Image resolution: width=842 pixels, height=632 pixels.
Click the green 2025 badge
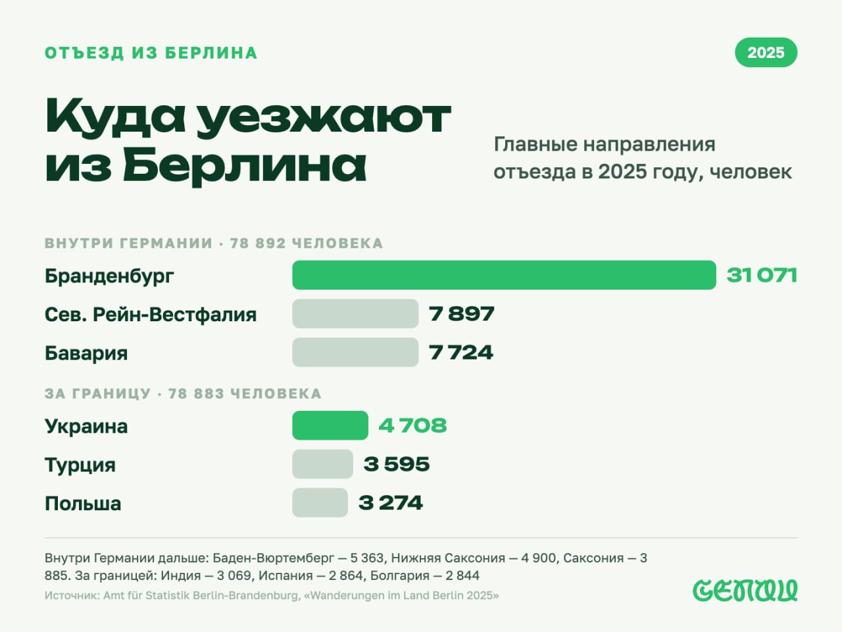click(x=766, y=53)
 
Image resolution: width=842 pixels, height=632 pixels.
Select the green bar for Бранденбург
click(x=504, y=275)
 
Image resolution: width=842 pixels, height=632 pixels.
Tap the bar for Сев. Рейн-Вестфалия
click(x=355, y=314)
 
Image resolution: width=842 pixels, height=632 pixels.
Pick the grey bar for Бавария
click(x=355, y=352)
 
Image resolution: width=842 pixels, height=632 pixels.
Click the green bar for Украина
click(x=330, y=425)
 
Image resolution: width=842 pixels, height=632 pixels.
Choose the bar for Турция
click(x=322, y=464)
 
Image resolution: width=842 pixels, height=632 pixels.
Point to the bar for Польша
click(x=320, y=503)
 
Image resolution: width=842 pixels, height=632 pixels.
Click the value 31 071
click(x=762, y=276)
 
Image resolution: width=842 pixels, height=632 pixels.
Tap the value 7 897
click(x=462, y=314)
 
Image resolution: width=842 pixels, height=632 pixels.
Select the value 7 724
click(x=460, y=352)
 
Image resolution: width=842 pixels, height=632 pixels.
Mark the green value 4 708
click(x=412, y=425)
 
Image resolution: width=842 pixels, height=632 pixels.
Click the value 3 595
click(x=396, y=464)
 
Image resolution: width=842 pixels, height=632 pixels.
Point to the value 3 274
click(x=391, y=503)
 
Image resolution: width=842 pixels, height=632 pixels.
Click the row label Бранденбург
click(x=109, y=276)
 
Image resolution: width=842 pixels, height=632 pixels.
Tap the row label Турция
click(x=80, y=465)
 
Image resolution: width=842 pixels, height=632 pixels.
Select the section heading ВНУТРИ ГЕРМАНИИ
click(x=129, y=244)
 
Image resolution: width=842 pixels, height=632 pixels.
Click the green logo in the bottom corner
click(x=745, y=591)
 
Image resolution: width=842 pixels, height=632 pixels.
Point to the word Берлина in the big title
click(x=244, y=165)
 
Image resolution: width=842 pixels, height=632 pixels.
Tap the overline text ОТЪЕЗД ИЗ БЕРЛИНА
click(x=151, y=53)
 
